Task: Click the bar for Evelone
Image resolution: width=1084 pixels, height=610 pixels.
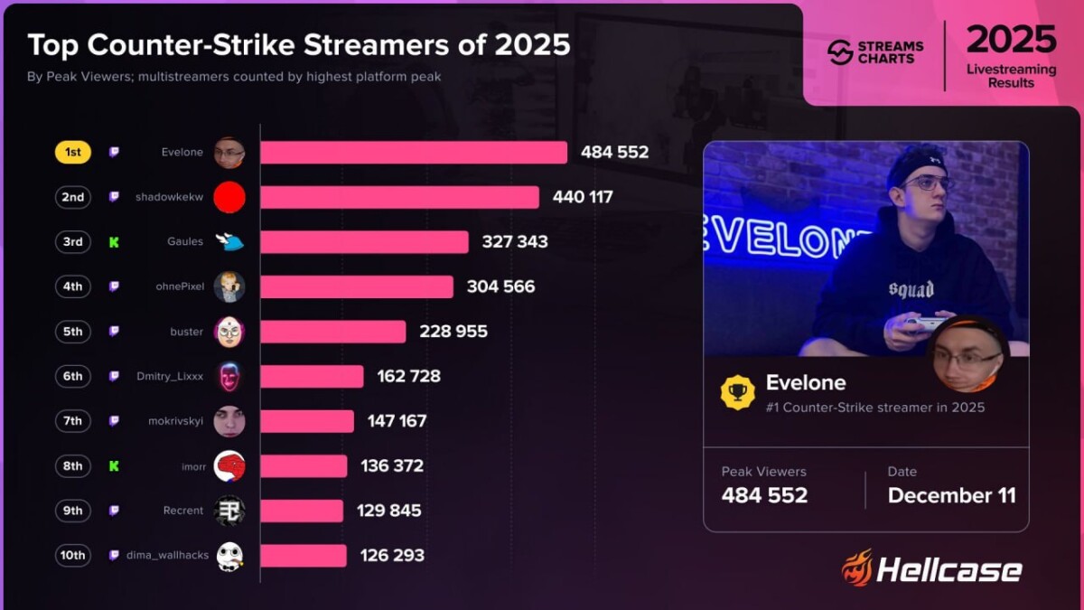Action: click(x=414, y=153)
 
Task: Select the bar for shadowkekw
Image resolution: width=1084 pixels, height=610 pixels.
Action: click(x=399, y=197)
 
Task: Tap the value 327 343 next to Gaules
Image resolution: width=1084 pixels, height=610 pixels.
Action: click(x=508, y=242)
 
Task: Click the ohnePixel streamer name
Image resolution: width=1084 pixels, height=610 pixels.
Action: click(x=180, y=286)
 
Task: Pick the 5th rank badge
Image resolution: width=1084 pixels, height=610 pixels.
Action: click(x=73, y=332)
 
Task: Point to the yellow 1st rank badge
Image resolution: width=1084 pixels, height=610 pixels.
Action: click(x=73, y=153)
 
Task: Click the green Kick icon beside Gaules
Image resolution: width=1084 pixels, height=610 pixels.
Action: click(x=114, y=242)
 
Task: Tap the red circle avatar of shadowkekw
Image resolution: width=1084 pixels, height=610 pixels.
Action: click(x=229, y=197)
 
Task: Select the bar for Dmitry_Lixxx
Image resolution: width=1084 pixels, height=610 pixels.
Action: click(x=312, y=376)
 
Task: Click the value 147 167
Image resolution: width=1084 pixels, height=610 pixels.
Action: click(x=397, y=421)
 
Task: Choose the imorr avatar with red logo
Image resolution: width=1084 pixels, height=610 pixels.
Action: click(x=229, y=465)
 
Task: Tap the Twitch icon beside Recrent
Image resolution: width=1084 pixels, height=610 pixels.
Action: click(x=114, y=511)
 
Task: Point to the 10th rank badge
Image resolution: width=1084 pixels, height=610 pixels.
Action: click(x=72, y=555)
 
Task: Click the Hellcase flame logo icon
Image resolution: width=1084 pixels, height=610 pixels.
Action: click(x=856, y=568)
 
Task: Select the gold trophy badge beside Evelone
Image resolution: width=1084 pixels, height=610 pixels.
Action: click(x=737, y=393)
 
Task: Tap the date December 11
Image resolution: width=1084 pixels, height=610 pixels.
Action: click(x=951, y=495)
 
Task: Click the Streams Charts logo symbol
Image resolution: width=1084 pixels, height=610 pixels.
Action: click(x=840, y=52)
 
